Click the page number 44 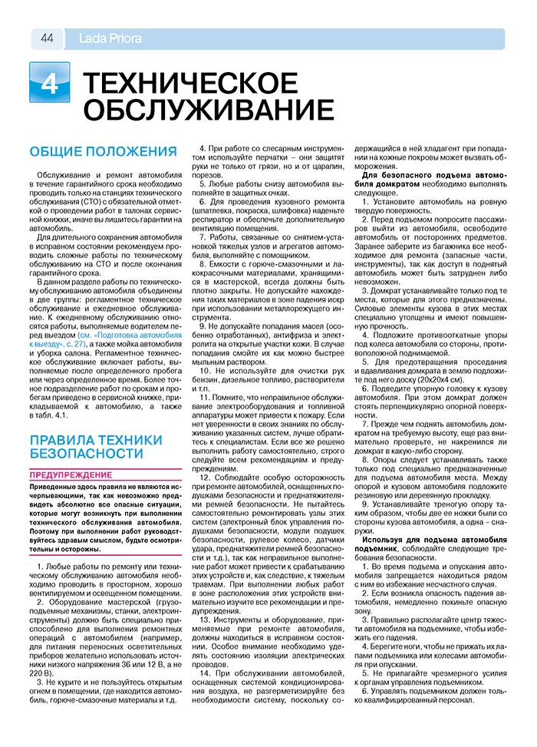(x=46, y=39)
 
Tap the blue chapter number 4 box (x=50, y=84)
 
